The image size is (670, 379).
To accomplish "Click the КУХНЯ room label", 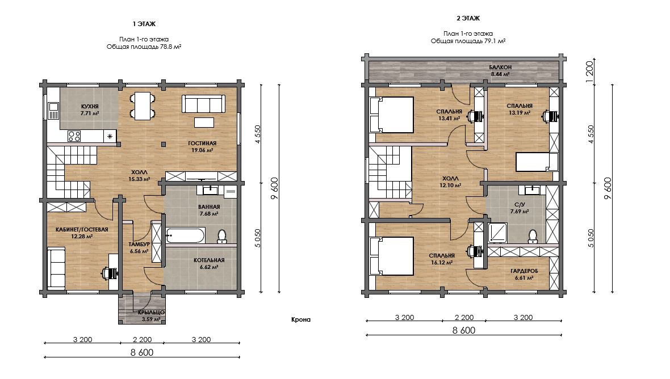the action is coord(90,106).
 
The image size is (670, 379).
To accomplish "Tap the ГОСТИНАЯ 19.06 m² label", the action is coord(202,147).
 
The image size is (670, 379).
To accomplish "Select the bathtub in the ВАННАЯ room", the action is coord(186,235).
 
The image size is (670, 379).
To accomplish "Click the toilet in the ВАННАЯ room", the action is coord(222,237).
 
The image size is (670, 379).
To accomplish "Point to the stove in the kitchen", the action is coord(74,136).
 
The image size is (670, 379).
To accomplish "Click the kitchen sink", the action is coord(53,111).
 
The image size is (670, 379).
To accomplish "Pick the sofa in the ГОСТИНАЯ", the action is coord(203,104).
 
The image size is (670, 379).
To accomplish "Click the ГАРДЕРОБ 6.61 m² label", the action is coord(524,274).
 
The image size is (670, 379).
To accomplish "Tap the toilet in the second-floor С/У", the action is coord(533,237).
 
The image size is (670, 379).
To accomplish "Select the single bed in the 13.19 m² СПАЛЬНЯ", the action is coord(537,162).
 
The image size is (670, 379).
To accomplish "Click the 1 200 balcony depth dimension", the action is coord(590,69).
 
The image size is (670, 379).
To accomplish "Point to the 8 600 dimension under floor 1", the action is coord(142,352).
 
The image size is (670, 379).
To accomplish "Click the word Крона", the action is coord(301,319).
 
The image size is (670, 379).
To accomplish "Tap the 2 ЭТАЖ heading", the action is coord(468,18).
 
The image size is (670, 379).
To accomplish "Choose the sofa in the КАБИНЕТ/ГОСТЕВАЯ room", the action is coord(56,268).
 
